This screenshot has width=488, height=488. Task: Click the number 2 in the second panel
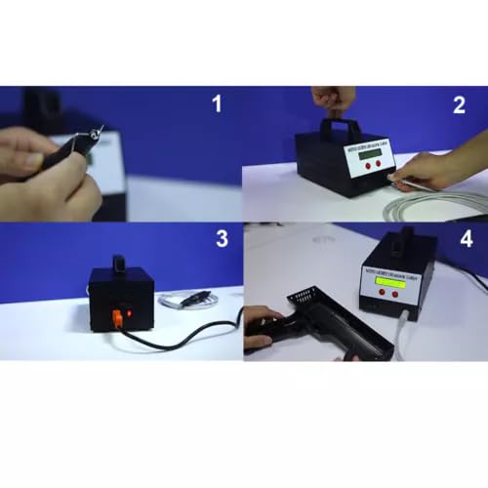pyautogui.click(x=459, y=104)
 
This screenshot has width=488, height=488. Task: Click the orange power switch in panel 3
pyautogui.click(x=115, y=314)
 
